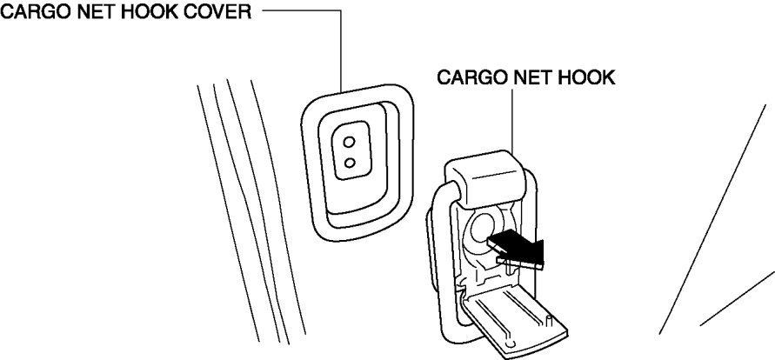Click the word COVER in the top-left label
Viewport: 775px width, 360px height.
point(221,13)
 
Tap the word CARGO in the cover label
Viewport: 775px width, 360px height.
point(32,13)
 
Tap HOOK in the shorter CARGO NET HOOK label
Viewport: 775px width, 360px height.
point(585,77)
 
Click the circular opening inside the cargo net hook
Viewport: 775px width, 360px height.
point(481,230)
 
